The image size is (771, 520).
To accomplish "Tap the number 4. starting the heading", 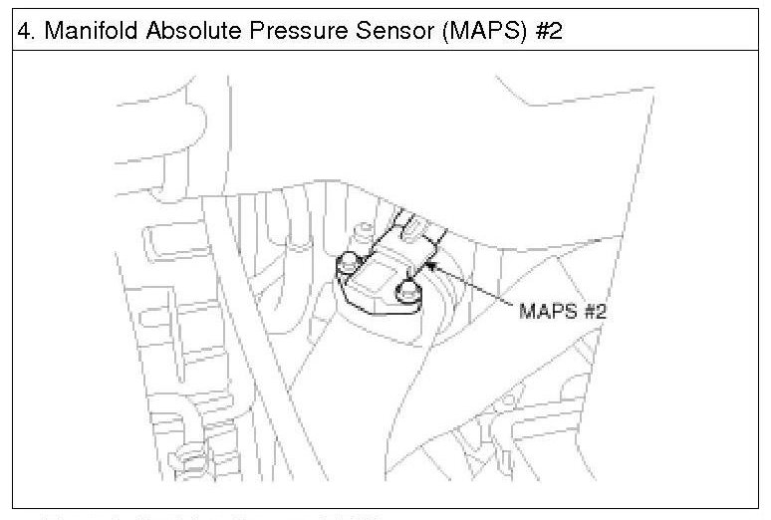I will point(28,31).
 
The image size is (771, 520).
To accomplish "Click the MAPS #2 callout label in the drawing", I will point(562,311).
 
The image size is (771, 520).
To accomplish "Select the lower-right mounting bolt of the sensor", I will point(406,292).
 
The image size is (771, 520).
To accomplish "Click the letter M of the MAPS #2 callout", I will point(525,311).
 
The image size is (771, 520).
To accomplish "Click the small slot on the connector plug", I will point(413,230).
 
